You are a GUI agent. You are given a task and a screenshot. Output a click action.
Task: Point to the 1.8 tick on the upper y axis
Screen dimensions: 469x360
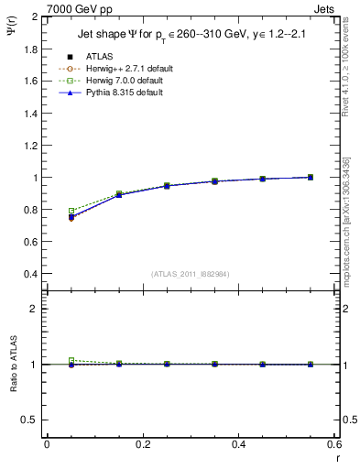coord(30,49)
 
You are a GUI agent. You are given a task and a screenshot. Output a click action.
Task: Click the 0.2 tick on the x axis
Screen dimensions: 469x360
coord(143,444)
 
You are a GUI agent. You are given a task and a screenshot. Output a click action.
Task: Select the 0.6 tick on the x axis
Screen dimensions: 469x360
coord(334,444)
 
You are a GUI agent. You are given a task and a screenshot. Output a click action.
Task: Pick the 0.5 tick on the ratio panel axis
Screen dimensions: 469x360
coord(30,420)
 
